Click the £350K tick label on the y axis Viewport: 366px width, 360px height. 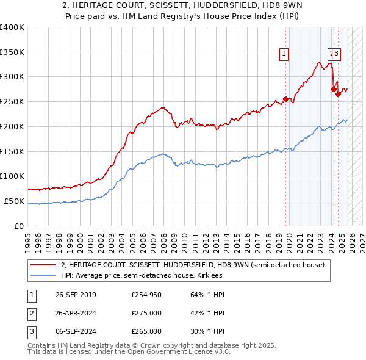[x=12, y=52]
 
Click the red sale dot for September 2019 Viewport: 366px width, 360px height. [x=285, y=99]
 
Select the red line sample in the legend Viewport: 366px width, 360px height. [x=43, y=265]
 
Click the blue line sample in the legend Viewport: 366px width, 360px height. [x=43, y=276]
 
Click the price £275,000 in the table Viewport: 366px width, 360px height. [x=146, y=313]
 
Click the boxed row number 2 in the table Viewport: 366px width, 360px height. [x=31, y=313]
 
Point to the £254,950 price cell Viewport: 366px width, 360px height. [x=146, y=295]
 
